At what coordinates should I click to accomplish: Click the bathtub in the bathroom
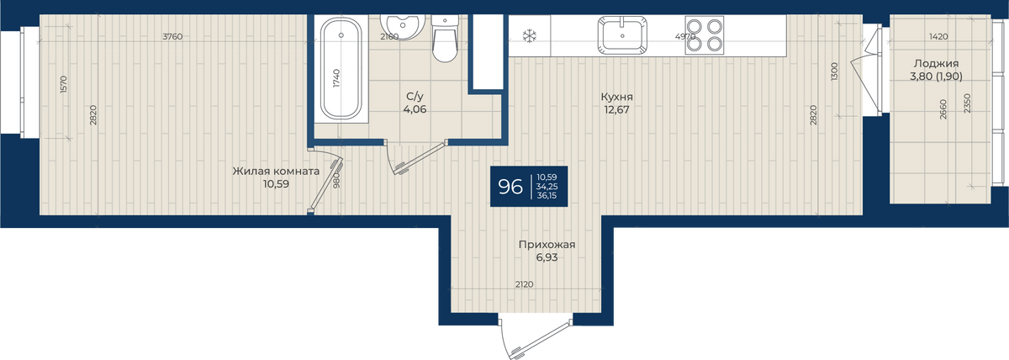click(x=341, y=68)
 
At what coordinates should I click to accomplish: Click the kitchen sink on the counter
click(x=622, y=34)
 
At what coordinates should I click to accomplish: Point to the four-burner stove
click(x=705, y=35)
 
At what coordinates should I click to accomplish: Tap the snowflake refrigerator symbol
click(x=529, y=35)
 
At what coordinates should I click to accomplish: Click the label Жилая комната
click(x=276, y=172)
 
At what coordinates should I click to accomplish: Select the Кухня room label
click(x=616, y=97)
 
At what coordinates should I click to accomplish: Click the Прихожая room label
click(x=547, y=245)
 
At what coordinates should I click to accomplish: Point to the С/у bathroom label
click(x=415, y=97)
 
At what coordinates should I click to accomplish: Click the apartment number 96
click(x=510, y=187)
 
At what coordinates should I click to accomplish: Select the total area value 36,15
click(x=547, y=195)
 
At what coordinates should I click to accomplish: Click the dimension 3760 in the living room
click(x=172, y=36)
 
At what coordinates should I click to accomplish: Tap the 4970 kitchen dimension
click(x=685, y=36)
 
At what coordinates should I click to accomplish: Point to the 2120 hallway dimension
click(x=525, y=284)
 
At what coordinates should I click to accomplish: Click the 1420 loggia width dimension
click(x=938, y=36)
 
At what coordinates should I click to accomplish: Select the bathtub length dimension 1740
click(x=337, y=78)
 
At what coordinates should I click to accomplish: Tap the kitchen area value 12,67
click(x=616, y=109)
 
